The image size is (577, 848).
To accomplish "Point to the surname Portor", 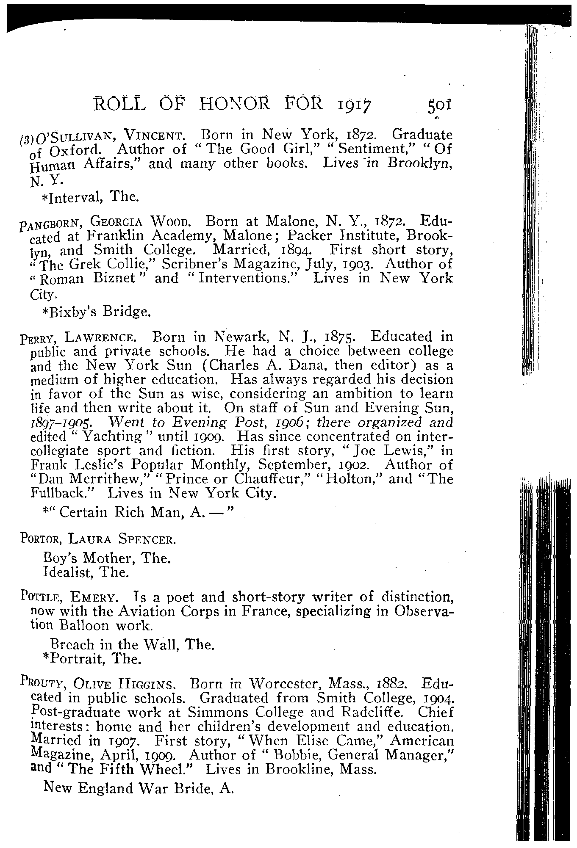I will (37, 540).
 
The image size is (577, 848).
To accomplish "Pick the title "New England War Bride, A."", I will (139, 788).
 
